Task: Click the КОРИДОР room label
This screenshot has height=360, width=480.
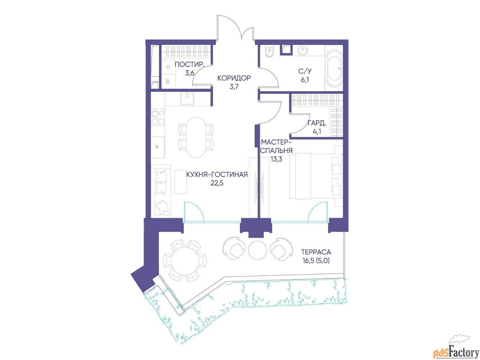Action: coord(234,78)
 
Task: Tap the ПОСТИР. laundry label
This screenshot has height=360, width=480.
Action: coord(190,65)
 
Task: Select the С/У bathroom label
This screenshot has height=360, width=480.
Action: coord(305,71)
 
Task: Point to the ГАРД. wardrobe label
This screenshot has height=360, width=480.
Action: coord(316,123)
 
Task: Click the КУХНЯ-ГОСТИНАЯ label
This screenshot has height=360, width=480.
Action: coord(217,174)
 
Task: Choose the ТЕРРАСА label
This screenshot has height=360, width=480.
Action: coord(316,252)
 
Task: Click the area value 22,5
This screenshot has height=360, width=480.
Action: coord(217,183)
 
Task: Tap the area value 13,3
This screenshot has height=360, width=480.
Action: coord(276,159)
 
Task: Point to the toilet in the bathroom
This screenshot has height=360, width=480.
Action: coord(268,52)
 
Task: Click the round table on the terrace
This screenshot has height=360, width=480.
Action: coord(184,260)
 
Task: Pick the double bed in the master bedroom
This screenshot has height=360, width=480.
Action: coord(315,176)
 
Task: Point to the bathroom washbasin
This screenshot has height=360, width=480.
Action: coord(304,51)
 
